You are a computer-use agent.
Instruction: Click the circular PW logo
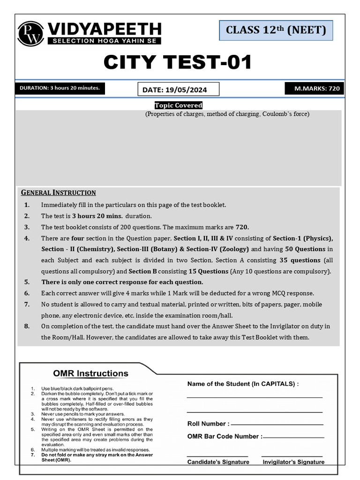(31, 34)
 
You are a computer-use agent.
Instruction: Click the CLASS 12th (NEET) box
(276, 30)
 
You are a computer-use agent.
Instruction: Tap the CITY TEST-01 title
(178, 62)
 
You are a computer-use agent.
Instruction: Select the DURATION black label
(60, 88)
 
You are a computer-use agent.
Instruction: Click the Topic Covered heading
(179, 105)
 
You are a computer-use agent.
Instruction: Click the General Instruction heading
(59, 193)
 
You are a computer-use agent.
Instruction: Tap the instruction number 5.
(27, 282)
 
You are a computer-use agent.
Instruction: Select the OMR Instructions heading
(90, 374)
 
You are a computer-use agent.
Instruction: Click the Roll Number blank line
(277, 424)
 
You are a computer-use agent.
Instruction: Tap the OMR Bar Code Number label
(225, 436)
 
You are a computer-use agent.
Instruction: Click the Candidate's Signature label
(218, 462)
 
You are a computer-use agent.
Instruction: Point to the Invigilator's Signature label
(293, 462)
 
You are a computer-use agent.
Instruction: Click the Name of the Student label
(243, 384)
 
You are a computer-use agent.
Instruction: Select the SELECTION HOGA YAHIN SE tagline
(104, 41)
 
